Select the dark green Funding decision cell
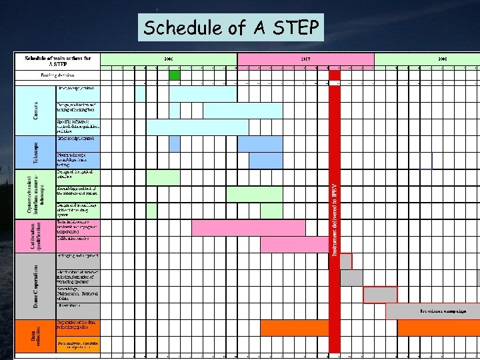click(175, 75)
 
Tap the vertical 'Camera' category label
click(35, 111)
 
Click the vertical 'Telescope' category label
click(35, 153)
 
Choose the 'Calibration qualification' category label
click(35, 237)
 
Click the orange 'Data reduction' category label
click(35, 335)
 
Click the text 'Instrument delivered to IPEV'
click(335, 220)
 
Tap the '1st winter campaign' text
click(443, 311)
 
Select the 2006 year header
click(169, 59)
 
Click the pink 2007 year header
click(305, 59)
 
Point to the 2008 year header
click(442, 59)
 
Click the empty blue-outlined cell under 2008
click(426, 161)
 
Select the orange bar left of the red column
click(294, 328)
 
